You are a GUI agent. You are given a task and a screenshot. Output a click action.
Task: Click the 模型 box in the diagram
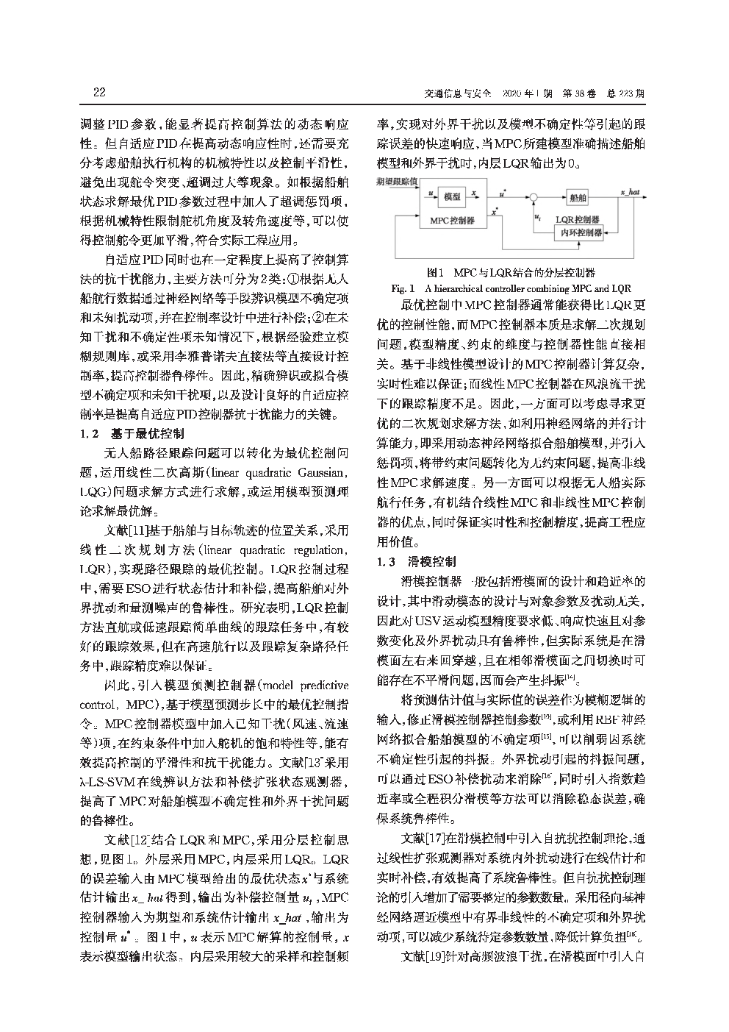[453, 196]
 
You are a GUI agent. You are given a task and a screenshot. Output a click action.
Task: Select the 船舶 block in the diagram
[578, 196]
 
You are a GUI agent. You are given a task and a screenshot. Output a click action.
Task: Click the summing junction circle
[534, 196]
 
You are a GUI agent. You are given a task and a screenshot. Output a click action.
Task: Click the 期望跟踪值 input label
[396, 180]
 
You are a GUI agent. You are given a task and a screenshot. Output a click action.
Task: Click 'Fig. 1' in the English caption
[404, 288]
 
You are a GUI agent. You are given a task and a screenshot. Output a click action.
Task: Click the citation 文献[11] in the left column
[129, 530]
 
